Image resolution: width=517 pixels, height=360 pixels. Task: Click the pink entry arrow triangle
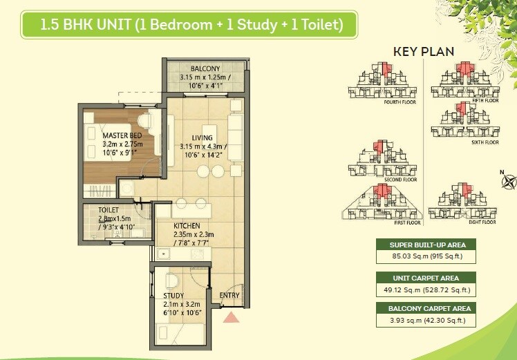pyautogui.click(x=231, y=317)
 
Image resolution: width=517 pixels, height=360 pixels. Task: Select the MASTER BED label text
pyautogui.click(x=122, y=135)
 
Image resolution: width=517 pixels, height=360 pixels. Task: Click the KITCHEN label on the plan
pyautogui.click(x=187, y=225)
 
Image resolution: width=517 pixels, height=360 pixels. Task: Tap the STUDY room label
pyautogui.click(x=173, y=295)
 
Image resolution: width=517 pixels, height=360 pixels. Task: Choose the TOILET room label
pyautogui.click(x=109, y=209)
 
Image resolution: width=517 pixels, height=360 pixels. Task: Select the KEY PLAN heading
pyautogui.click(x=424, y=52)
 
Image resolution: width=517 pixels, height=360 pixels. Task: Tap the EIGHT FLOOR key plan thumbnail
pyautogui.click(x=463, y=205)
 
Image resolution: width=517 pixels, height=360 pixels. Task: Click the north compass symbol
pyautogui.click(x=509, y=182)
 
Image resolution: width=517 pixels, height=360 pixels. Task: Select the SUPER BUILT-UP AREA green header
pyautogui.click(x=427, y=245)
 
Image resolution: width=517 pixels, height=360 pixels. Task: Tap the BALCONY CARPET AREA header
pyautogui.click(x=427, y=308)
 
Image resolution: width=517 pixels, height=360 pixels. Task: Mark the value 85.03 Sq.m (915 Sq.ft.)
pyautogui.click(x=427, y=257)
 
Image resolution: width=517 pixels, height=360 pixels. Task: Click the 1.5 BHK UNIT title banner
pyautogui.click(x=191, y=26)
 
